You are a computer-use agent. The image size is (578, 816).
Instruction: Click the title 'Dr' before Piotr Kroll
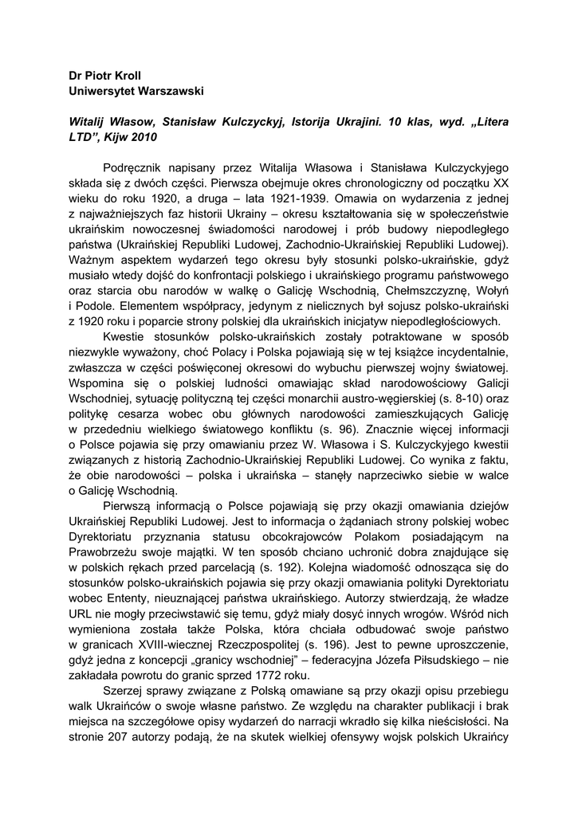click(x=77, y=76)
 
